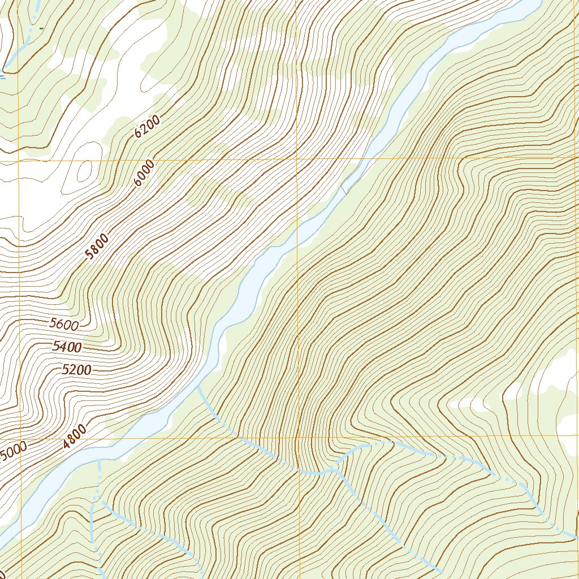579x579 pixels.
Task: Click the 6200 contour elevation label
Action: pos(148,127)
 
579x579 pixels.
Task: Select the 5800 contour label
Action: pos(97,247)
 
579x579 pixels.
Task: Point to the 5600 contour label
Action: pos(64,324)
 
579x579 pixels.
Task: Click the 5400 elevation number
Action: pos(67,347)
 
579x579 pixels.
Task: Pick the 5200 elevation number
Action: pos(76,370)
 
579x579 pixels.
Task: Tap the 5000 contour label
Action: pos(12,452)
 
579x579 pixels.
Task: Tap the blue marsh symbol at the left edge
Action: pos(3,75)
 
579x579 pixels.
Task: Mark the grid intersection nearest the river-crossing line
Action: pos(297,159)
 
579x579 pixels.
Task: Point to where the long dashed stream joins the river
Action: pos(198,388)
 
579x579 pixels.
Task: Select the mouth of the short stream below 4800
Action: pos(98,460)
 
